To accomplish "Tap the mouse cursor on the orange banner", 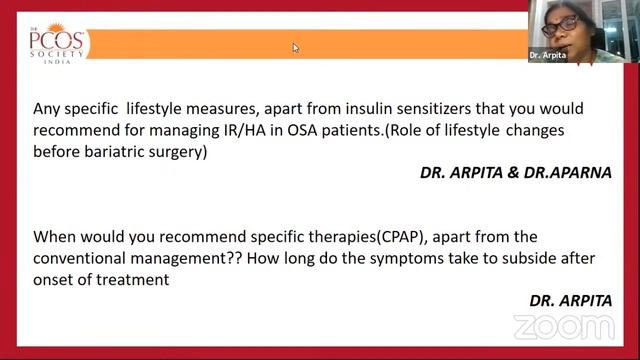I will pos(296,47).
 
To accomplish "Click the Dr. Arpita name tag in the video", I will pos(547,56).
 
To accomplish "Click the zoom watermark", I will pos(564,327).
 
